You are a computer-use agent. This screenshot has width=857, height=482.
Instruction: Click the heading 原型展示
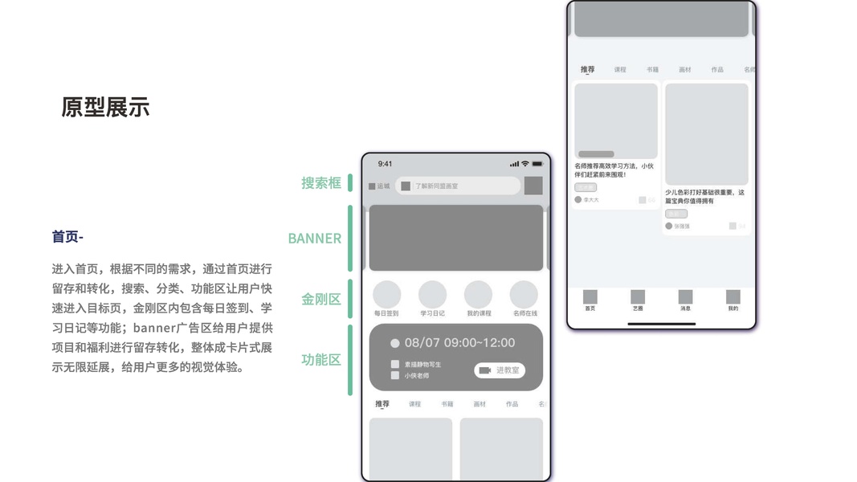click(x=105, y=108)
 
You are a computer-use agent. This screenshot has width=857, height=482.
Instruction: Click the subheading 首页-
click(x=67, y=236)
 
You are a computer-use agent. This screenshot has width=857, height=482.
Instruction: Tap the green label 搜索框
click(x=321, y=183)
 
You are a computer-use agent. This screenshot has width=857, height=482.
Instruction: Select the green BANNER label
click(x=314, y=239)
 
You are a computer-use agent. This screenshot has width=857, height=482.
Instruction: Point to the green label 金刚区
click(x=321, y=300)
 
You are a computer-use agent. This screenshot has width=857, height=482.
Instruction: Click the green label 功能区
click(x=321, y=360)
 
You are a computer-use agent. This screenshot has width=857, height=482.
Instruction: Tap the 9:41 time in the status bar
click(x=386, y=164)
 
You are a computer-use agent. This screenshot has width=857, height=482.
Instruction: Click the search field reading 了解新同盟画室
click(x=458, y=186)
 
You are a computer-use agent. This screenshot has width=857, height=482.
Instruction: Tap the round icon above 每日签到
click(x=386, y=294)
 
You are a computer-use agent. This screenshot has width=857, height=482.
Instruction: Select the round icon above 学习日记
click(x=432, y=294)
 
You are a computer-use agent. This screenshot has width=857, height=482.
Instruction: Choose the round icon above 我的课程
click(x=478, y=294)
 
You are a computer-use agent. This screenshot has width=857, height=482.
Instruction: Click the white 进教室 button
click(x=500, y=370)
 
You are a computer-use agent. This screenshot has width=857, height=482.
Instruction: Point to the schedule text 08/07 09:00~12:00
click(x=459, y=343)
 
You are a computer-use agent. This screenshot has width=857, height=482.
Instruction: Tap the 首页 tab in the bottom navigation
click(x=590, y=300)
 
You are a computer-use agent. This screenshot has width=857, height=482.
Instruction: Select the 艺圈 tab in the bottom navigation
click(x=638, y=300)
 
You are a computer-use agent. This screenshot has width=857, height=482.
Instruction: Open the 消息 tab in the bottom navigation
click(x=685, y=300)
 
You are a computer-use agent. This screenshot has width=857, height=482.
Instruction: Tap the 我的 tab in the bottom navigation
click(x=733, y=300)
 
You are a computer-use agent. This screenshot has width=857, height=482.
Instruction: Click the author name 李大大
click(x=591, y=200)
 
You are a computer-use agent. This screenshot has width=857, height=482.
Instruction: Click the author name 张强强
click(x=682, y=227)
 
